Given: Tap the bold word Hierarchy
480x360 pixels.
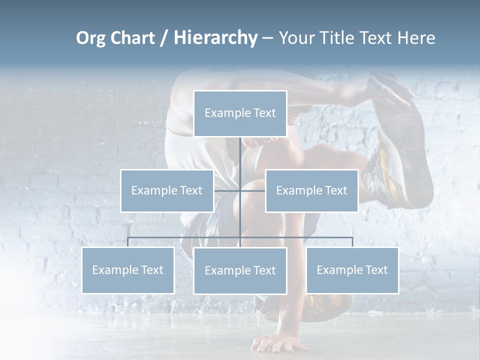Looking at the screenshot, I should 215,38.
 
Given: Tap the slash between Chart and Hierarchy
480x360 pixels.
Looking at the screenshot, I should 164,38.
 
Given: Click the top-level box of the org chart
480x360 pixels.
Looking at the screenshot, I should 240,113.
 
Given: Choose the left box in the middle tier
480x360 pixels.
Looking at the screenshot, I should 167,190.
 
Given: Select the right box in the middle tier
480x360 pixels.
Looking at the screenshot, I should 311,190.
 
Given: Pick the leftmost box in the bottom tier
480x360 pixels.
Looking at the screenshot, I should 128,270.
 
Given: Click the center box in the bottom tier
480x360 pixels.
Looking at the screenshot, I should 240,270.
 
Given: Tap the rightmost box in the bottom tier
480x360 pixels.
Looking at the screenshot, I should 352,270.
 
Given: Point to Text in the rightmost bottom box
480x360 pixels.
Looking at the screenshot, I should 376,270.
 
